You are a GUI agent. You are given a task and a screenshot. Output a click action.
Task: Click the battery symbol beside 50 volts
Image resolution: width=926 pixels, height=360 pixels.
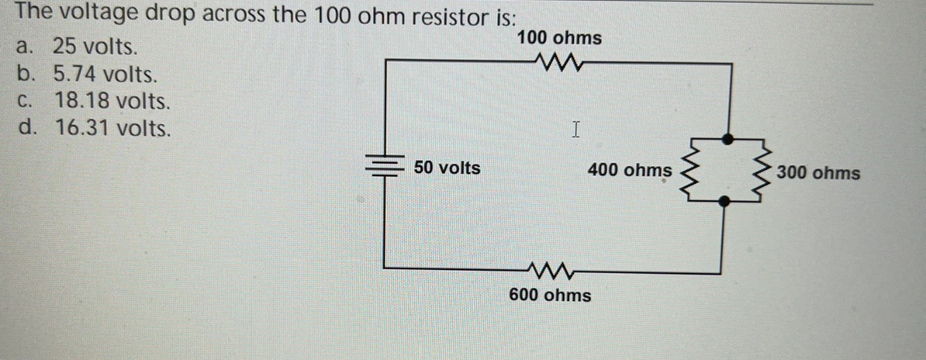385,167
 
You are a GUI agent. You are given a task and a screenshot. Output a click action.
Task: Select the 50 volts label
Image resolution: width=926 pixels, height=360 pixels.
446,168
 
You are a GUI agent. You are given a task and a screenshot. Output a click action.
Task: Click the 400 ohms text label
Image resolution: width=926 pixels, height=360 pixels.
630,169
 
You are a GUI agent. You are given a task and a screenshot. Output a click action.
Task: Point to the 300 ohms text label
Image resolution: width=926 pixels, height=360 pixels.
818,172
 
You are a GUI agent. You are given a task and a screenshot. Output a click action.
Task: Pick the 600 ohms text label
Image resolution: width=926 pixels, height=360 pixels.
550,296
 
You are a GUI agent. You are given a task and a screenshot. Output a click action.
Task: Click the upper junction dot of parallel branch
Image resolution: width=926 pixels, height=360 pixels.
727,139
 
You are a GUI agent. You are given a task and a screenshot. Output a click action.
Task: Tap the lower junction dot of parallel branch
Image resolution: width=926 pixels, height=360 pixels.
724,201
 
